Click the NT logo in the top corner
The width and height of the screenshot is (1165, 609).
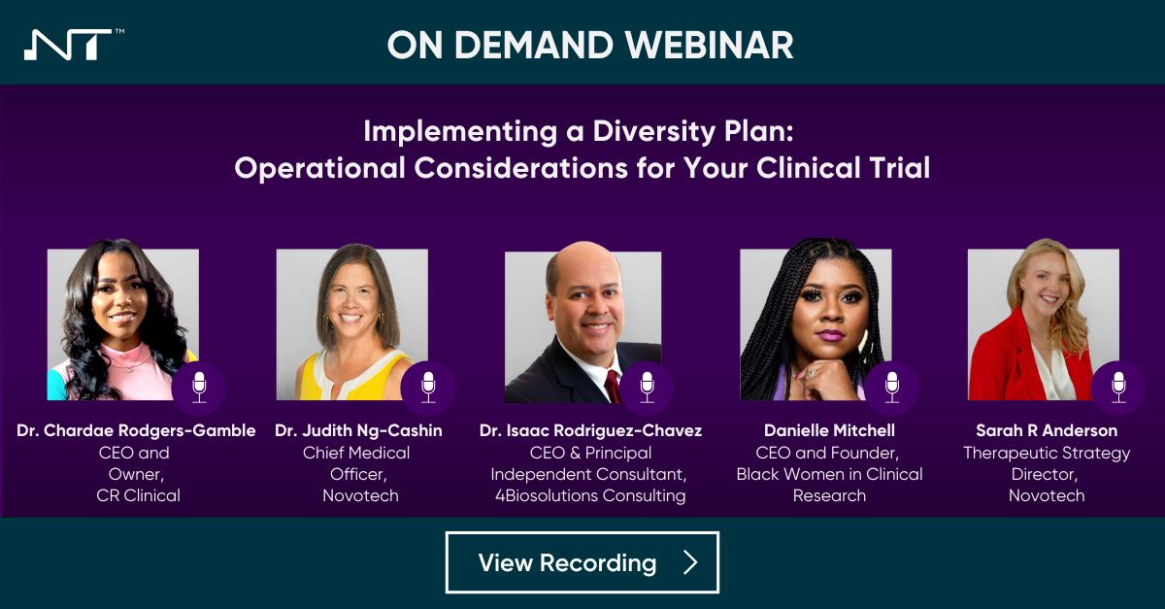pos(68,45)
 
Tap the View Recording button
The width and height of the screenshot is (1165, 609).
pos(582,562)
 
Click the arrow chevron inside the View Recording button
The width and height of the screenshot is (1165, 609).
pos(690,562)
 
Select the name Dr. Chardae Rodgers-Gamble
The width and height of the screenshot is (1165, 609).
pos(136,430)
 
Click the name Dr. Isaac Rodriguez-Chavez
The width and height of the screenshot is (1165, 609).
pos(590,430)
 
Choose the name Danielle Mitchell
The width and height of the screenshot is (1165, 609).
pos(829,430)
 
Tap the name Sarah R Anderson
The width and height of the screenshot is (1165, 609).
pos(1047,430)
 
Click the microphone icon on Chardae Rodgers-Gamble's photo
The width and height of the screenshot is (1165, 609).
pos(199,387)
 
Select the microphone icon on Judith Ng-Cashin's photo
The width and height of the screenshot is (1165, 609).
pos(428,387)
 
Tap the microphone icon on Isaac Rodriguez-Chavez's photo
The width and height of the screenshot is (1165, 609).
pos(648,387)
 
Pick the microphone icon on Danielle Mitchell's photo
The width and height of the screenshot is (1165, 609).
pos(891,387)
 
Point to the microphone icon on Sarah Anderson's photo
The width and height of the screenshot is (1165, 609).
pos(1118,387)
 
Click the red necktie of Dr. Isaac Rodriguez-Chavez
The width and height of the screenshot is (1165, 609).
pos(613,387)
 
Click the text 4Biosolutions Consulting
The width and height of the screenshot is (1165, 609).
pos(590,495)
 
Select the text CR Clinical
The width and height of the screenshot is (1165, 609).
pos(138,495)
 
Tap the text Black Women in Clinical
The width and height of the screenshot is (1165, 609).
pos(829,474)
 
